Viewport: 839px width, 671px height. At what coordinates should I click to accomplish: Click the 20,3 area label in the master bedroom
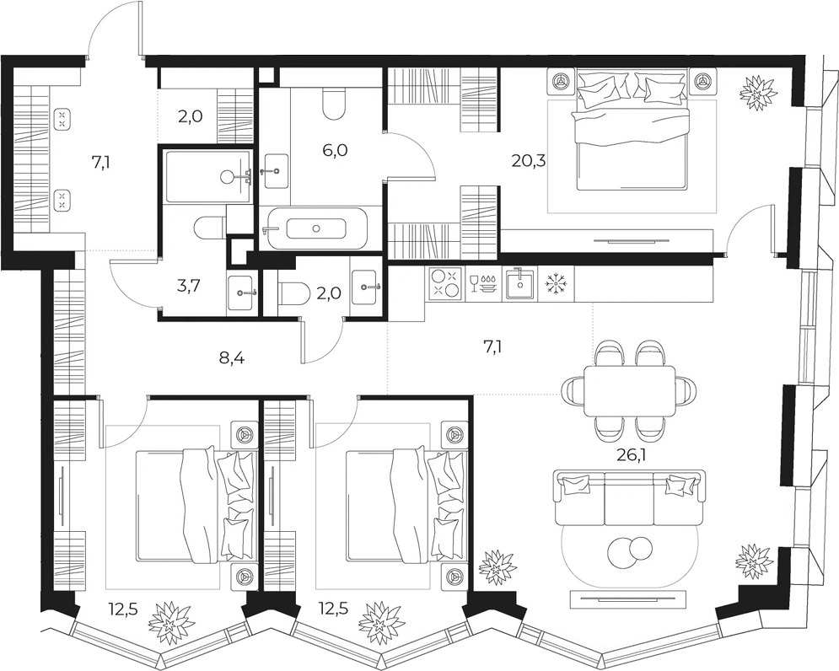[x=528, y=160]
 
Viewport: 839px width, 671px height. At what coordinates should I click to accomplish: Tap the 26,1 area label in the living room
[x=632, y=456]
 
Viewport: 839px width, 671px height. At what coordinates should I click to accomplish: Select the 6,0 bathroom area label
[x=336, y=150]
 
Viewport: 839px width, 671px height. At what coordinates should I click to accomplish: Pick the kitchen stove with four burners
[x=445, y=282]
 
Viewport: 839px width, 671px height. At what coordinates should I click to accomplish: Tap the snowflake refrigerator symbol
[x=555, y=282]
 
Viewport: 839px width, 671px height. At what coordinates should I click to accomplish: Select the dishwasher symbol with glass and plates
[x=483, y=282]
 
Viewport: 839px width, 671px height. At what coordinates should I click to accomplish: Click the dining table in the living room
[x=629, y=391]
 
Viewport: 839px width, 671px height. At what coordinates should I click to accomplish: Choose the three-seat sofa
[x=629, y=498]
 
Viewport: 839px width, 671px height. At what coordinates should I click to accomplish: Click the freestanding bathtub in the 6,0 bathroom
[x=315, y=228]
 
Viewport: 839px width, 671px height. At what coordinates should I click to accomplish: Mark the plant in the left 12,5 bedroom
[x=169, y=623]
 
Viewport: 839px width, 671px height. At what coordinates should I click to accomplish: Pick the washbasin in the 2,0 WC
[x=367, y=287]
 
